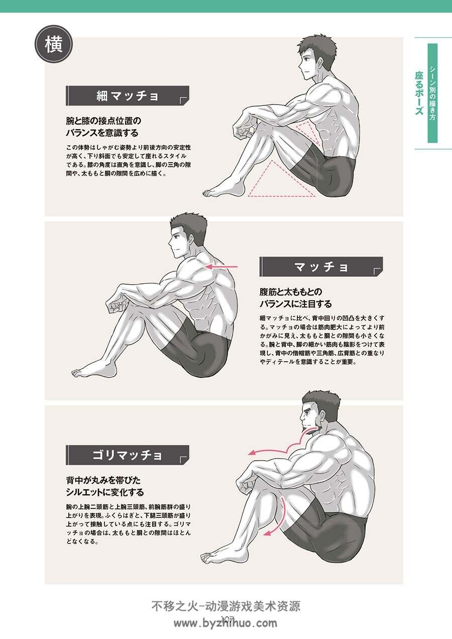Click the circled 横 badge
click(x=54, y=45)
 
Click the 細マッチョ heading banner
click(x=128, y=96)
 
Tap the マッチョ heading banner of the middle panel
click(x=321, y=267)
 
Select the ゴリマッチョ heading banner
click(x=128, y=455)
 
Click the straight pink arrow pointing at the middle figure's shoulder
click(x=221, y=267)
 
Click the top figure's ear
click(x=320, y=62)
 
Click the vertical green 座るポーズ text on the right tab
click(x=419, y=93)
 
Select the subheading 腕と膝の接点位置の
click(x=103, y=121)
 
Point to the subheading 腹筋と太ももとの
click(x=291, y=292)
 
